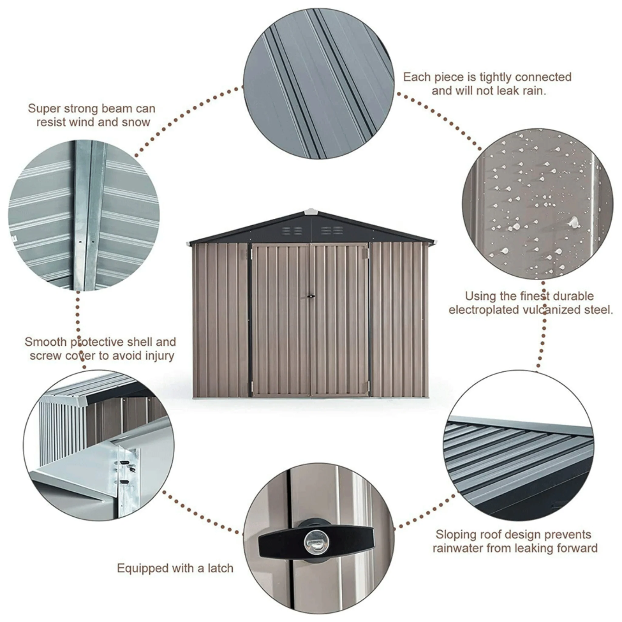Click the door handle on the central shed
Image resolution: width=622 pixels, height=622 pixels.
[311, 296]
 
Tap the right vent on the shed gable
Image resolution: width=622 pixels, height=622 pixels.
[332, 230]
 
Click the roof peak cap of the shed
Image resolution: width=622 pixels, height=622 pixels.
[310, 211]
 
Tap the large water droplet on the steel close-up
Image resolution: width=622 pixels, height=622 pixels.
[574, 222]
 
